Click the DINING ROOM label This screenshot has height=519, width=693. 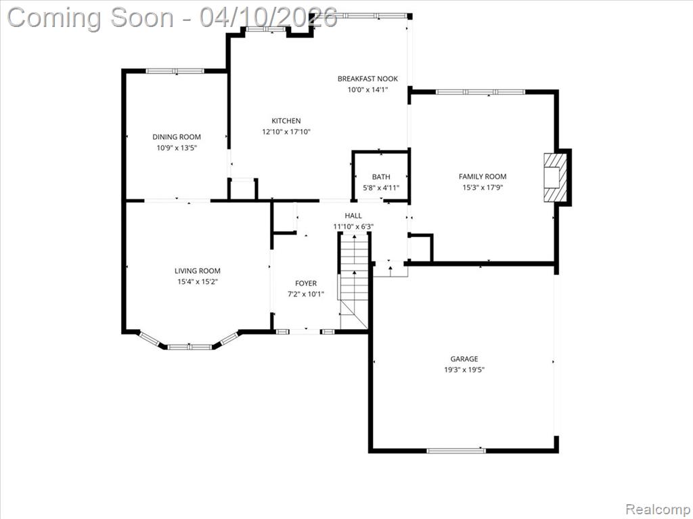click(x=177, y=137)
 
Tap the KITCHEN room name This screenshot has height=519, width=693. click(x=286, y=120)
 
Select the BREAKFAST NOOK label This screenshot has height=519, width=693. click(x=367, y=78)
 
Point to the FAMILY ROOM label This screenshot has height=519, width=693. click(x=483, y=176)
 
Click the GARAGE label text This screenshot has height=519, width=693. click(x=464, y=359)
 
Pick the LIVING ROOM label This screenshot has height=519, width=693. click(x=197, y=271)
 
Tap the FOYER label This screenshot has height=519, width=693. click(x=306, y=283)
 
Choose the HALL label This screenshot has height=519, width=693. click(x=353, y=216)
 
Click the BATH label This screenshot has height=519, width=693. click(x=381, y=177)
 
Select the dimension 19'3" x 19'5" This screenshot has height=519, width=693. click(x=464, y=370)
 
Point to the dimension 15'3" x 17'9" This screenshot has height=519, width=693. click(x=483, y=187)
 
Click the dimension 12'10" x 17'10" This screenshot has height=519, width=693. click(x=286, y=132)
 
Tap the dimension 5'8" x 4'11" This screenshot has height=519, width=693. click(x=381, y=188)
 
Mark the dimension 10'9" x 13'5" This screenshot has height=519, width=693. click(x=177, y=148)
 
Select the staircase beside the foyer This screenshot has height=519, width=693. click(x=353, y=282)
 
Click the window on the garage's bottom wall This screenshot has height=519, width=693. click(x=455, y=451)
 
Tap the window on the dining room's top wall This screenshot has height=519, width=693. click(x=175, y=70)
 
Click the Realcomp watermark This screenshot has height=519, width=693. click(x=658, y=509)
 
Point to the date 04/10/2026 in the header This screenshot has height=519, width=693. click(x=268, y=18)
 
